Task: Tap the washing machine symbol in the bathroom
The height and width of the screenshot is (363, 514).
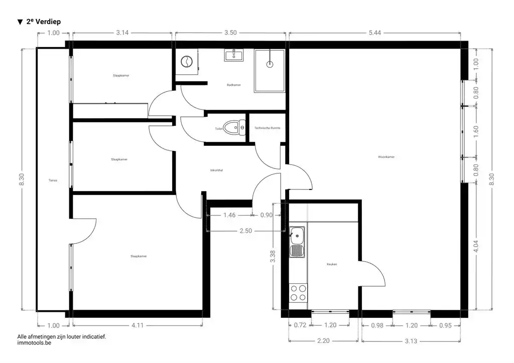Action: pos(186,62)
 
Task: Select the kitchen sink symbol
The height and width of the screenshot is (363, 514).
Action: pos(297,234)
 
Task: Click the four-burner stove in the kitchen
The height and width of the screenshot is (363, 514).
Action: pos(298,292)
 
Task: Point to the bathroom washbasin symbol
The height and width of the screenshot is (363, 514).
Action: pos(233,55)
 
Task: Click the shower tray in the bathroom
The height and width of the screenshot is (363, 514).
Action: pos(270,71)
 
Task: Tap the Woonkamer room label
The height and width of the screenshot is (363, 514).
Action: pos(386,157)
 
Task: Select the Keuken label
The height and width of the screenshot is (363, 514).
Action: pos(331,264)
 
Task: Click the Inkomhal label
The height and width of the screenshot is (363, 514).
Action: pos(216,170)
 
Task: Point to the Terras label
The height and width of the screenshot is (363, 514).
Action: pos(53,180)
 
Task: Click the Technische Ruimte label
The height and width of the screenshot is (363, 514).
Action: pos(268,128)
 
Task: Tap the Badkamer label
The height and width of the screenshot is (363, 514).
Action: pos(233,85)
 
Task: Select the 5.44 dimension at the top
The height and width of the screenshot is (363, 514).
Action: pos(374,33)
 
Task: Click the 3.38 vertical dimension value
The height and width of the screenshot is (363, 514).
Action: pos(273,257)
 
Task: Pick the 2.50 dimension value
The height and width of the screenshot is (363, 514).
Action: pos(245,231)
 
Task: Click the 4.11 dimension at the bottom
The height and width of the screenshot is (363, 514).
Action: pos(137,325)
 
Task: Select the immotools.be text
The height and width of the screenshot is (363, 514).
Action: pos(34,343)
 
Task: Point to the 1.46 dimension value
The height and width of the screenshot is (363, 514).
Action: pos(229,215)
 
